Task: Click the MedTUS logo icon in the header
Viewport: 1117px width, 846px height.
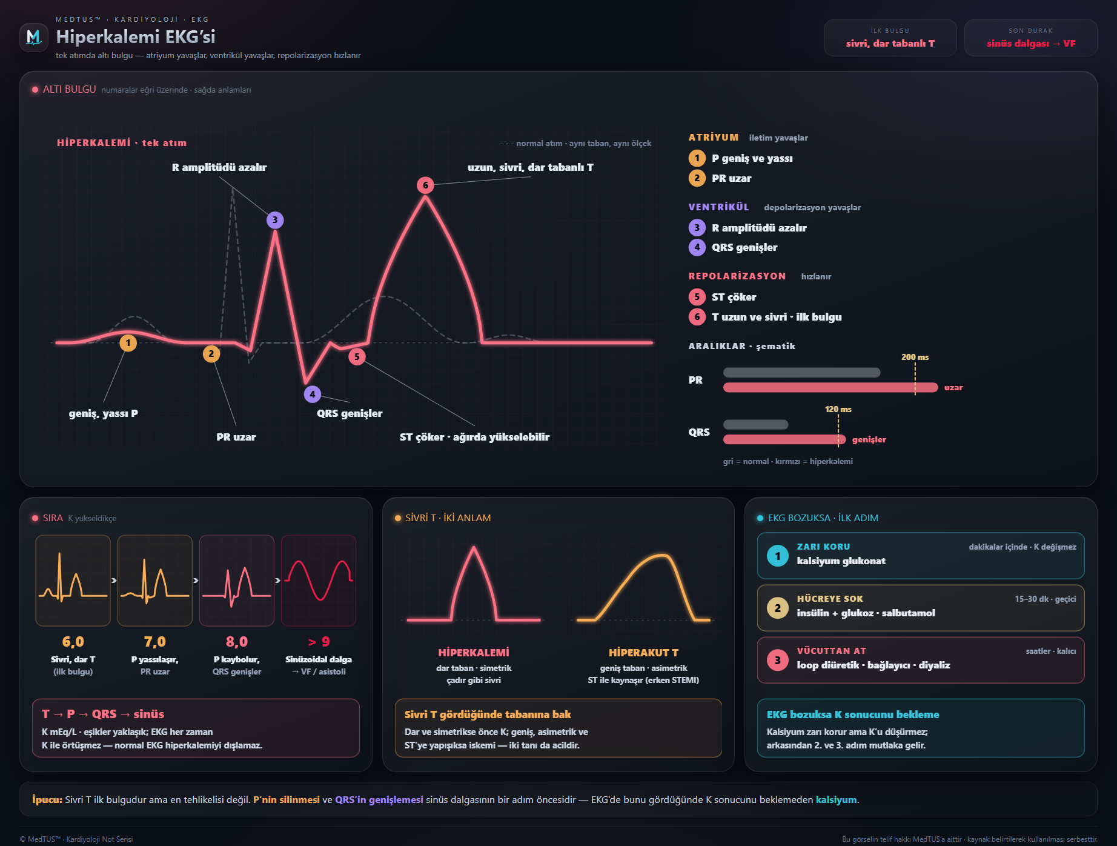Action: [34, 38]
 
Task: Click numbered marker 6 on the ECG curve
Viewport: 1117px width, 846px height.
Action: [425, 185]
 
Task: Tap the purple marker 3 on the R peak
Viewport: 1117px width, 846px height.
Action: [275, 220]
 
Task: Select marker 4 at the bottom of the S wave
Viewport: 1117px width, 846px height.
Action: [313, 394]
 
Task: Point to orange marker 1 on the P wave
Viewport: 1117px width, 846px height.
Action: [128, 343]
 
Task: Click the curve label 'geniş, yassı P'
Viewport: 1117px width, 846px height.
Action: [104, 413]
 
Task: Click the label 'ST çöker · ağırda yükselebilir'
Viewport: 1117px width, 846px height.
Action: [475, 437]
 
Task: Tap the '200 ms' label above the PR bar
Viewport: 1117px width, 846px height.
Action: [915, 357]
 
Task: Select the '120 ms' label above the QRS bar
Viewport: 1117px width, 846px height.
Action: [838, 409]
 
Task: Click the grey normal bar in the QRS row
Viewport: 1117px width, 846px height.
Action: [756, 425]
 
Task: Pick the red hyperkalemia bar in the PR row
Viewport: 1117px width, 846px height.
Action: [830, 387]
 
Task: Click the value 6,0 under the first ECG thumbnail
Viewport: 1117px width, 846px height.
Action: [73, 642]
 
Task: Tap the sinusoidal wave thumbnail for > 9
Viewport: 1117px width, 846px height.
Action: [319, 581]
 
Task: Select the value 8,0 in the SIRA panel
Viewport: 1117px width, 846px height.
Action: [237, 642]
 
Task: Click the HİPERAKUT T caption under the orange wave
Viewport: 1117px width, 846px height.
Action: [643, 653]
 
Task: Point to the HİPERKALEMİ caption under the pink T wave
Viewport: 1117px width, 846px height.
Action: [474, 653]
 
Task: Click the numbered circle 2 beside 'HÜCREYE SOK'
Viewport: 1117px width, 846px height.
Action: [778, 608]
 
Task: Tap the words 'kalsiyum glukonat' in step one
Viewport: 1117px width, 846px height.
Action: [841, 561]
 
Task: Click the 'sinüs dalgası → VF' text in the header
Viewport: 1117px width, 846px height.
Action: [1031, 44]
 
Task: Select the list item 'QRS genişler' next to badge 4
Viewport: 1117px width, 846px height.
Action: [744, 247]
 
